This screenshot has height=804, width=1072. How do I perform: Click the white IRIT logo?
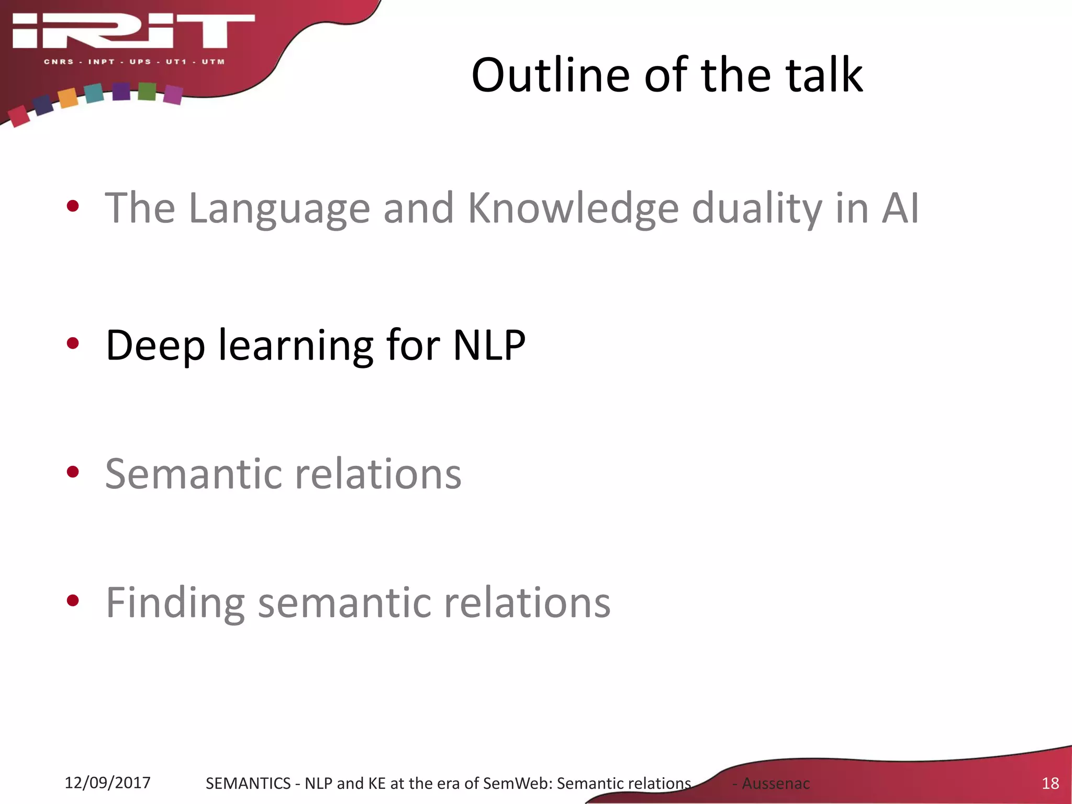133,31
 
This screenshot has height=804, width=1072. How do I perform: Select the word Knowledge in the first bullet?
573,208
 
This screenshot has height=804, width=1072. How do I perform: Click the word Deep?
155,345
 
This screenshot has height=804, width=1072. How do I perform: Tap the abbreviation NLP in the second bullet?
489,345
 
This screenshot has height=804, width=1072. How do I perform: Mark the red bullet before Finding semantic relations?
73,601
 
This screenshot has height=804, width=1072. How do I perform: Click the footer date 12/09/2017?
107,783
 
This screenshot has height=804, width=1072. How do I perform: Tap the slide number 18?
1050,783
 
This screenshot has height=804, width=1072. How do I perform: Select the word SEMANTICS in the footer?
248,783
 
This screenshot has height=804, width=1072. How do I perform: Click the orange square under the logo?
68,98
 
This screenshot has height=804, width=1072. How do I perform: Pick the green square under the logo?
147,92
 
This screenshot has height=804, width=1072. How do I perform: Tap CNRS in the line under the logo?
59,62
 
